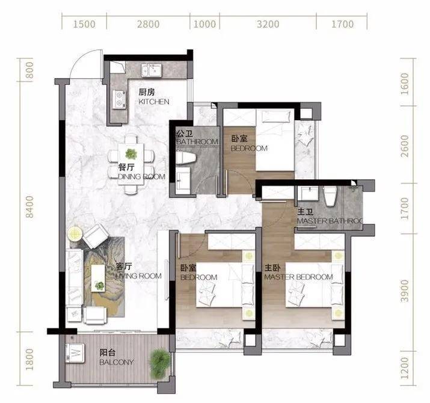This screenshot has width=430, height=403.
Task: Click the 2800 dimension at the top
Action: point(149,24)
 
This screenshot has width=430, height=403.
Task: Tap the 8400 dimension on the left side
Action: point(29,207)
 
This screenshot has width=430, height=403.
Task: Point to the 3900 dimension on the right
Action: point(405,291)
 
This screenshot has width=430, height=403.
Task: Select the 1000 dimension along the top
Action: point(204,24)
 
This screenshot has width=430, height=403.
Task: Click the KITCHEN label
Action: point(154,102)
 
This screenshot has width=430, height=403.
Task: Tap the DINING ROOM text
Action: point(141,176)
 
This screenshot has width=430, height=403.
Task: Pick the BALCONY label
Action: point(117,362)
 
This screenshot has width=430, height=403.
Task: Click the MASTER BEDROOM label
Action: point(298,277)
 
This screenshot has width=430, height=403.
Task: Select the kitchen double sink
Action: point(152,70)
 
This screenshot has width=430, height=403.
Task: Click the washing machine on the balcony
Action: point(75,352)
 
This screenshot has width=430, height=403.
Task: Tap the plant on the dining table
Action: point(131,154)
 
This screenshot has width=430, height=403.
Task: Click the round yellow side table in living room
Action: point(75,234)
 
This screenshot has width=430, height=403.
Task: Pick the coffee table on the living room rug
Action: point(98,278)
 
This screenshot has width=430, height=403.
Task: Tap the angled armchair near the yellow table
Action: point(96,236)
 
